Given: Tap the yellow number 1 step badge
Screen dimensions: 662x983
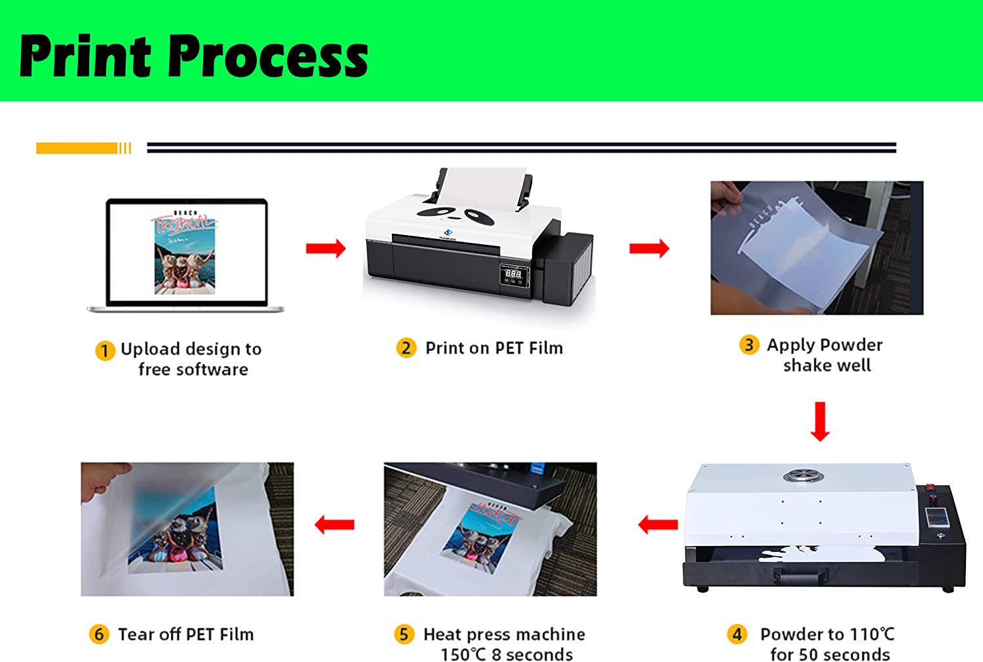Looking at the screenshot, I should tap(105, 350).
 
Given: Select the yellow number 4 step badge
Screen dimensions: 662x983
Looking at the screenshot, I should tap(737, 634).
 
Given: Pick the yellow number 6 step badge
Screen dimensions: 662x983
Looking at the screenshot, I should tap(99, 634).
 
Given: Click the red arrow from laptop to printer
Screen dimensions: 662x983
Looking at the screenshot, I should tap(325, 248).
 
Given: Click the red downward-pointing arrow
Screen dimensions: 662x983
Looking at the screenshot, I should tap(820, 421).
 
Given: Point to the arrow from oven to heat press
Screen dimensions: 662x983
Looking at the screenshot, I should tap(657, 524).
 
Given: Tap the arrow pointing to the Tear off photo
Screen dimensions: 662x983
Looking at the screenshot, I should tap(334, 524).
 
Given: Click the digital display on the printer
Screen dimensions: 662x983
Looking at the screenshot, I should tap(514, 274).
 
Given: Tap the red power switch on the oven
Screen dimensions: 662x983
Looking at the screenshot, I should tap(929, 488).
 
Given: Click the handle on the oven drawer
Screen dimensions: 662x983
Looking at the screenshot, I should tap(800, 576).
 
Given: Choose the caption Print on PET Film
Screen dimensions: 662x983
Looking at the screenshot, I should tap(494, 348).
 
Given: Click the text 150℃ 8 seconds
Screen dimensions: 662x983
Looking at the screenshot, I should tap(507, 654).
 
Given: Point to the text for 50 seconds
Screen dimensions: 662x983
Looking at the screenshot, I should tap(830, 654).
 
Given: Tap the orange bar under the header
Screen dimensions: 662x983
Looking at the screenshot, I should tap(77, 149).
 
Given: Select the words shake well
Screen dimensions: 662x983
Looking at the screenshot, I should tap(827, 365).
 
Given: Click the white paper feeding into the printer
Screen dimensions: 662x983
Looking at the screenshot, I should tap(482, 187).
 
